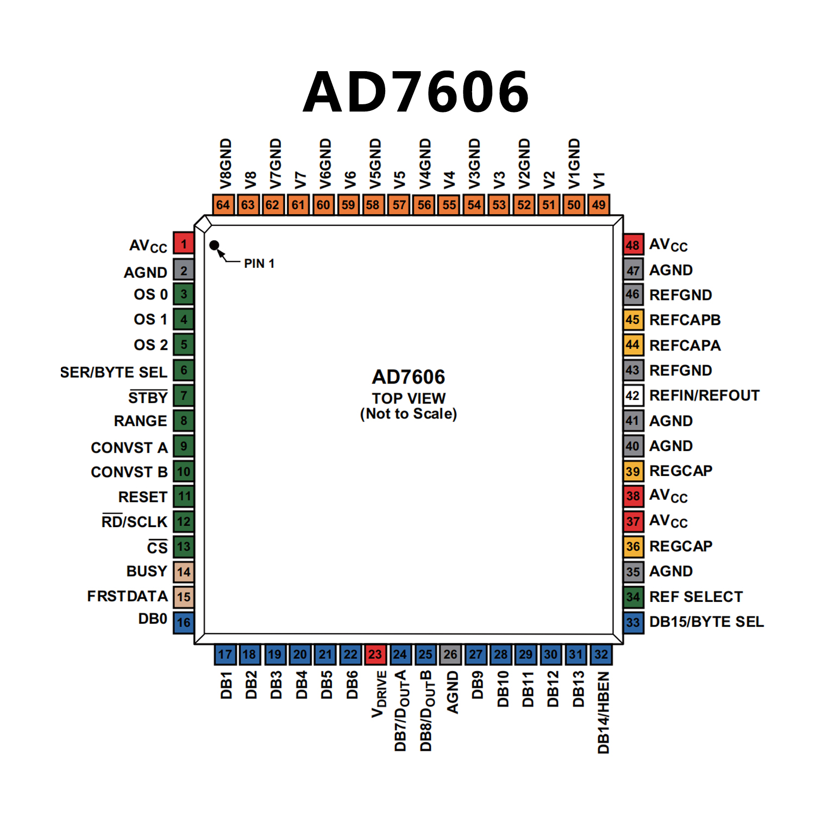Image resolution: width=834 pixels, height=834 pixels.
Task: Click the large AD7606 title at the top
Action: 416,92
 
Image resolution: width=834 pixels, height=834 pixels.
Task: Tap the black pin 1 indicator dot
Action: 214,246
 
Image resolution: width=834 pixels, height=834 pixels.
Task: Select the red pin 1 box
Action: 184,243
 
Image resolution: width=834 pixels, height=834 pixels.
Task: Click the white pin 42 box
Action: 633,396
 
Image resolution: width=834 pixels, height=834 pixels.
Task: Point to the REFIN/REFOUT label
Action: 704,396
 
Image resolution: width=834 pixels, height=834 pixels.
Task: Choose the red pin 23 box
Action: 375,654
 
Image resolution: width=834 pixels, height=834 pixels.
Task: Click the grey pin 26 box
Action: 450,654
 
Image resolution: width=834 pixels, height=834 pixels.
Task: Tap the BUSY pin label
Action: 147,572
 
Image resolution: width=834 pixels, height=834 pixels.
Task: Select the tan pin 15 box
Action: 184,597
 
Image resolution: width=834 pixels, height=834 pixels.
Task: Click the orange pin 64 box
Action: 223,205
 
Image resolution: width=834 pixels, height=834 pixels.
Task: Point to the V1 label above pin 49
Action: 599,180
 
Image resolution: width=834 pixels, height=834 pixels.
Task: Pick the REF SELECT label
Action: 696,597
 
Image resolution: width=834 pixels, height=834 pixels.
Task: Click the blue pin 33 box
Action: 633,622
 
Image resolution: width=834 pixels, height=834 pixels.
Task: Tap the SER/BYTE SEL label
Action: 114,372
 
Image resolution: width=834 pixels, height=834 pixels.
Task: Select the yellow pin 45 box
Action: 633,320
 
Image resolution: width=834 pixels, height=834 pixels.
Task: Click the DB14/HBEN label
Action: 603,712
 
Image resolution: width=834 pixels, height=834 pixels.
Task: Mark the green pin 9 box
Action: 184,446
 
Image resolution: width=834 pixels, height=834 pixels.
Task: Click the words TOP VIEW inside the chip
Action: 409,398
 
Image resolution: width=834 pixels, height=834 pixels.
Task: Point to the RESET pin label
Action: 143,497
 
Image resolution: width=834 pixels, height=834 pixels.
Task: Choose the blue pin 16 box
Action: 184,622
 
